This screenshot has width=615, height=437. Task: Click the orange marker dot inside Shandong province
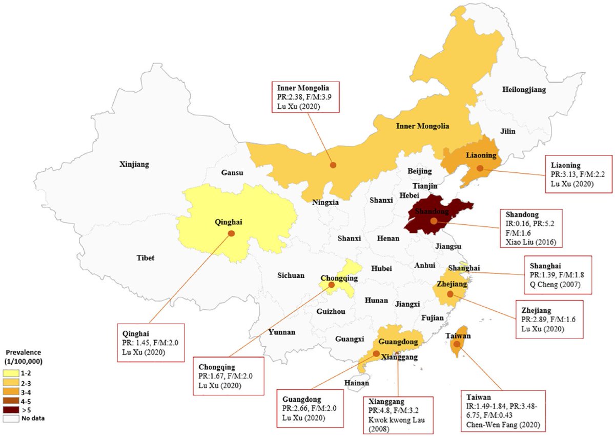point(434,222)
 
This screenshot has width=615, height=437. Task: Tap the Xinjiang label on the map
point(134,165)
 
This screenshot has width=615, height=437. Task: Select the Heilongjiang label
point(524,90)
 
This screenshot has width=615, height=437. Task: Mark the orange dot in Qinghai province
point(231,233)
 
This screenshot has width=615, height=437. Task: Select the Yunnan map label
point(281,332)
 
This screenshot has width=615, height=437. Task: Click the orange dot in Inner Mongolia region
point(333,165)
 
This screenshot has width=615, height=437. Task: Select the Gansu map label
point(233,173)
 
